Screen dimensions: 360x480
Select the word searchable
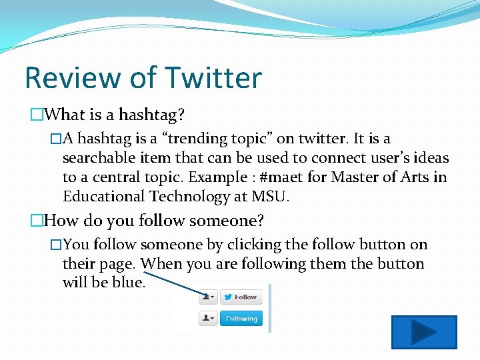point(97,158)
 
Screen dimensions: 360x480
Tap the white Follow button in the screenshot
point(241,297)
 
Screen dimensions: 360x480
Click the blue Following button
point(241,319)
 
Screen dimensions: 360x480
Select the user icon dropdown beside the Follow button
point(208,297)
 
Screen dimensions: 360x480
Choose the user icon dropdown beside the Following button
point(208,319)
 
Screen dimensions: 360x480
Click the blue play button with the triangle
point(423,332)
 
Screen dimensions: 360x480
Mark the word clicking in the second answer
point(255,245)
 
